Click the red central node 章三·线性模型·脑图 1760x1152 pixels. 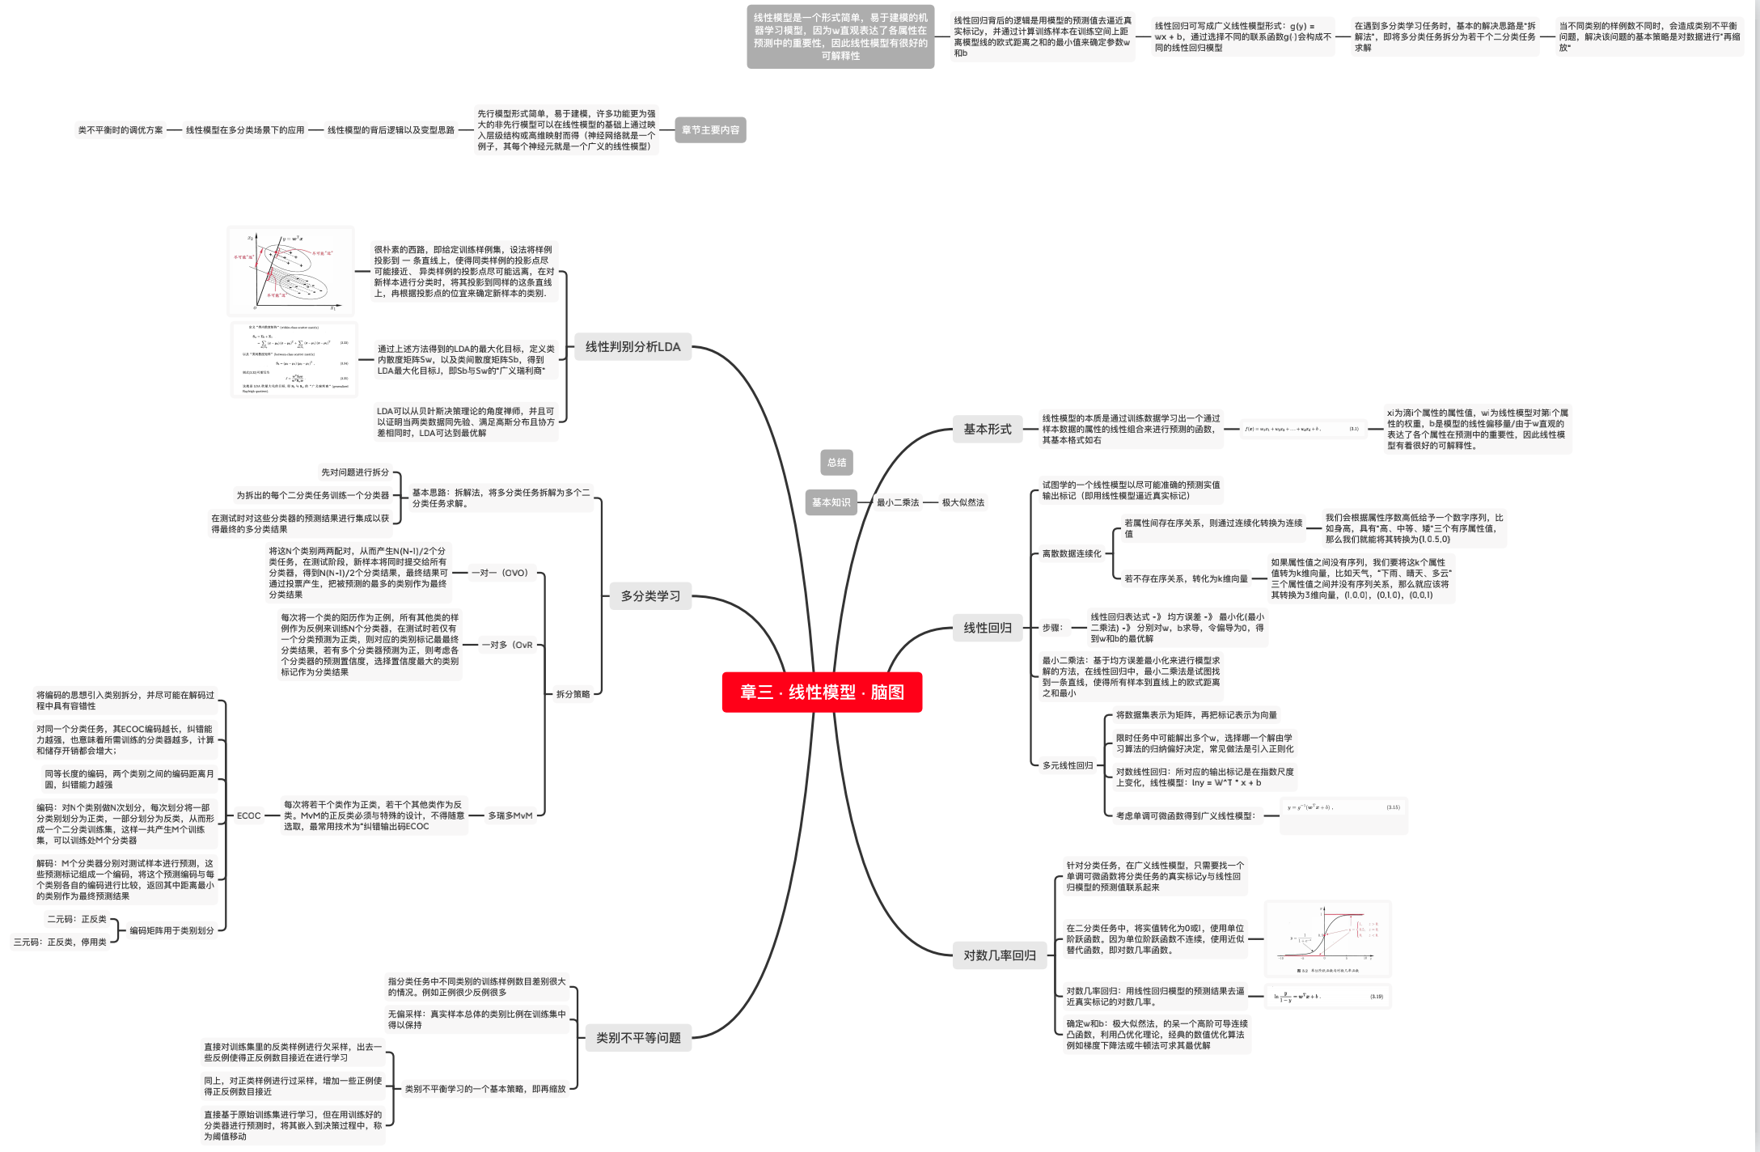[x=822, y=692]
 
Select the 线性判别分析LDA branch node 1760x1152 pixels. [x=632, y=347]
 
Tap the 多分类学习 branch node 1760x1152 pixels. [x=650, y=596]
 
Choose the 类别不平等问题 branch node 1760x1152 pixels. [x=638, y=1038]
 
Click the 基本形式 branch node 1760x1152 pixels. [x=987, y=430]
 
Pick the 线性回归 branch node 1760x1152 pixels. [x=987, y=628]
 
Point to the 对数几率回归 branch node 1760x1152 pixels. [x=999, y=955]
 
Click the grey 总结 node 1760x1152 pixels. [x=836, y=463]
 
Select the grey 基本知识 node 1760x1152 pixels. [x=831, y=502]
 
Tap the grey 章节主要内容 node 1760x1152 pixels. [x=710, y=130]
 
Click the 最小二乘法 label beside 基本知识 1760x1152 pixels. [x=898, y=502]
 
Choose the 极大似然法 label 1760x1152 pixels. [x=962, y=502]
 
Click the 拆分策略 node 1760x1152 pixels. [x=573, y=694]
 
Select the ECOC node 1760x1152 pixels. [x=248, y=815]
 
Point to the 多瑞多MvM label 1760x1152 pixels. [x=510, y=815]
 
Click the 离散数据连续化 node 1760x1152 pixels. [x=1071, y=554]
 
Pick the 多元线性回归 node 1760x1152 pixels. [x=1067, y=765]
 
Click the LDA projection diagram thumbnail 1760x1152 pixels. [x=291, y=272]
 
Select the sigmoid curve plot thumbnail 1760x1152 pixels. [x=1327, y=939]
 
